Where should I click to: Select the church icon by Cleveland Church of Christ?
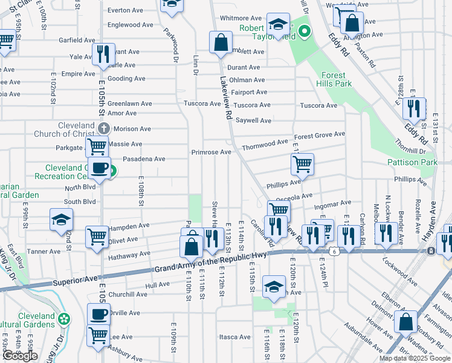104,129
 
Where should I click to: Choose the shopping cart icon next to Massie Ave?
97,146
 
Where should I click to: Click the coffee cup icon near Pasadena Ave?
100,168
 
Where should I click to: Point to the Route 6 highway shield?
334,250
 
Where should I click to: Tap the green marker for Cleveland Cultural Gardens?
64,318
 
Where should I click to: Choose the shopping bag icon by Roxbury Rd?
406,323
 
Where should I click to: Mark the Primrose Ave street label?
211,152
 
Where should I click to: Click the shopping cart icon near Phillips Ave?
302,163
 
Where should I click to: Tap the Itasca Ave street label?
235,337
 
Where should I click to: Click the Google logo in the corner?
20,356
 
